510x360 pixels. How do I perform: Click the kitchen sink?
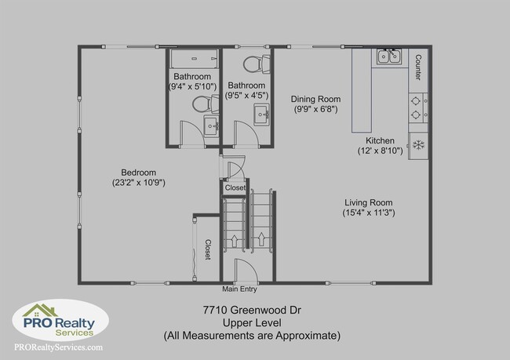[389, 56]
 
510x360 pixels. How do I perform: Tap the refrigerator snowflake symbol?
[418, 144]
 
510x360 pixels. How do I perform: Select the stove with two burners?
[418, 106]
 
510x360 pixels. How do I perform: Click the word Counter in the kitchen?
[418, 68]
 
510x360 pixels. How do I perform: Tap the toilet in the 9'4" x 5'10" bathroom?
[202, 103]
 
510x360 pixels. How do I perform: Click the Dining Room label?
[315, 99]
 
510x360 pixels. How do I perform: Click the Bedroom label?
[138, 173]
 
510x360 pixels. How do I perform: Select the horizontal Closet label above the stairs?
[235, 188]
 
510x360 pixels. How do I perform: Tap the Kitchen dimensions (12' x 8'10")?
[381, 151]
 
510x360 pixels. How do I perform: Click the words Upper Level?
[251, 322]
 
